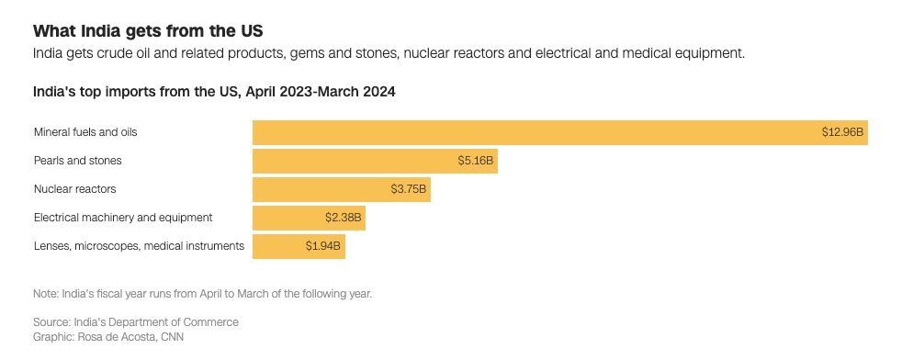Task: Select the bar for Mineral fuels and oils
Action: [x=533, y=132]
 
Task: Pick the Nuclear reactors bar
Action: [x=317, y=189]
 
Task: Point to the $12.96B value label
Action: [x=842, y=132]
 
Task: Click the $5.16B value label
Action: [x=476, y=161]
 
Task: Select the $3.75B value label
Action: [x=409, y=189]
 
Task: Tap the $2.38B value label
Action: [x=344, y=218]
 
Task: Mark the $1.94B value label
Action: [x=323, y=246]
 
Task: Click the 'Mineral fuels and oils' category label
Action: [x=85, y=132]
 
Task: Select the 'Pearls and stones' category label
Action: [x=78, y=161]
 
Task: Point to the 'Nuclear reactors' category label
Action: [x=75, y=189]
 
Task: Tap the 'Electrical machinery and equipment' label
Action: [x=123, y=218]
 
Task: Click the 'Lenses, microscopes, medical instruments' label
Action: [x=139, y=246]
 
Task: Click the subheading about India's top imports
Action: [x=214, y=92]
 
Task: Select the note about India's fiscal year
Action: [x=202, y=294]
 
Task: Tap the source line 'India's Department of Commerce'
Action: [x=136, y=322]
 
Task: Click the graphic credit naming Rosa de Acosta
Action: [x=109, y=337]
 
